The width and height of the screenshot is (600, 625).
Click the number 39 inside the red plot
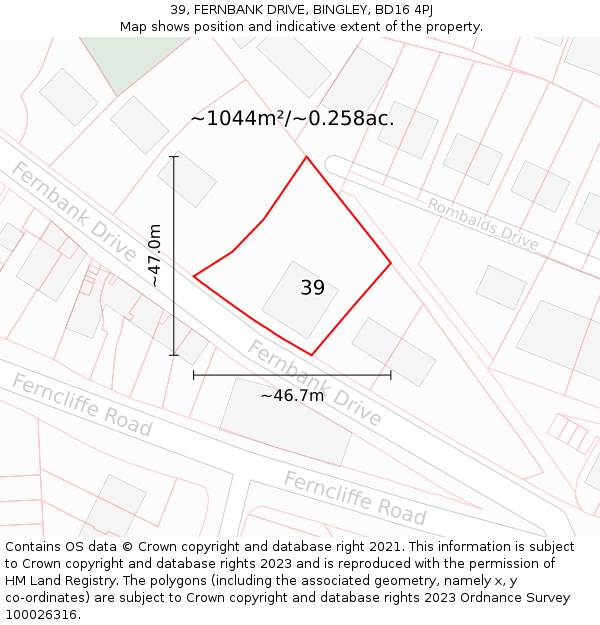point(312,288)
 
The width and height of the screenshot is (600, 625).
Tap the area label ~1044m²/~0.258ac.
point(292,118)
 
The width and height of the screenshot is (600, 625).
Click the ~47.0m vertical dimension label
point(155,256)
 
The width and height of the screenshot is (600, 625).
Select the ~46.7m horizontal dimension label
point(292,395)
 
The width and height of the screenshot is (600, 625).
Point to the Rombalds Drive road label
point(483,223)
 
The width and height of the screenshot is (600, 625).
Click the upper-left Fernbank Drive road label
point(74,210)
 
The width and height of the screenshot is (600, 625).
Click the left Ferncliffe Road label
point(82,405)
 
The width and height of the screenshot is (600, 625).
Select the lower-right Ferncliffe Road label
point(355,497)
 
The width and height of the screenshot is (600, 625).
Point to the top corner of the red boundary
point(306,157)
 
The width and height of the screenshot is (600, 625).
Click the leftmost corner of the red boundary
point(194,275)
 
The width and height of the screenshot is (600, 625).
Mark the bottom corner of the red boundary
point(312,354)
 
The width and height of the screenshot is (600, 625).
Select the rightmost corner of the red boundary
point(390,263)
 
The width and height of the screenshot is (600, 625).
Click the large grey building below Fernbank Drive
point(286,421)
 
